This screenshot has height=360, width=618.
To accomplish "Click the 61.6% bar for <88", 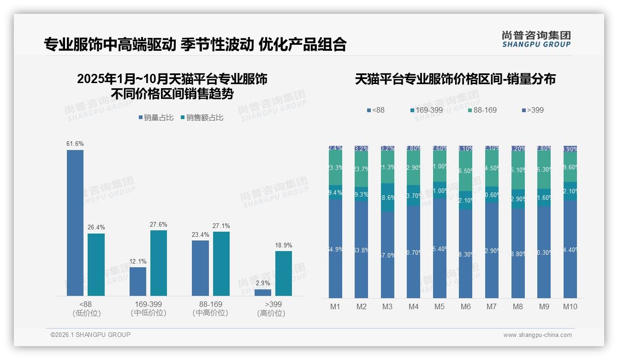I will pyautogui.click(x=75, y=222).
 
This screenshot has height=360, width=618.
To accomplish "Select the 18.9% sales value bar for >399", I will pyautogui.click(x=284, y=273).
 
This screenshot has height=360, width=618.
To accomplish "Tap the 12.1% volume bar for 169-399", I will pyautogui.click(x=138, y=282).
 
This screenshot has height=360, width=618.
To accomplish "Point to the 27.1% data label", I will pyautogui.click(x=221, y=226).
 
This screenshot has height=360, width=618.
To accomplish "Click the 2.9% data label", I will pyautogui.click(x=263, y=283).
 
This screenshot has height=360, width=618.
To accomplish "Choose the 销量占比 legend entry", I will pyautogui.click(x=156, y=118).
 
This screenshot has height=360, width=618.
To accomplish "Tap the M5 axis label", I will pyautogui.click(x=440, y=306).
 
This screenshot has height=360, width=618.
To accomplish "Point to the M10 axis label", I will pyautogui.click(x=570, y=306).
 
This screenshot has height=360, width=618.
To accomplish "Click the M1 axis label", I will pyautogui.click(x=335, y=306).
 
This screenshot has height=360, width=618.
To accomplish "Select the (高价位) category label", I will pyautogui.click(x=271, y=313).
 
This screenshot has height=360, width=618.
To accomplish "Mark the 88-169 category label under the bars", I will pyautogui.click(x=210, y=304).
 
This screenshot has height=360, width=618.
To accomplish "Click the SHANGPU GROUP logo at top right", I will pyautogui.click(x=536, y=39).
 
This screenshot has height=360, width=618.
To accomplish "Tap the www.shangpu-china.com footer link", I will pyautogui.click(x=537, y=335).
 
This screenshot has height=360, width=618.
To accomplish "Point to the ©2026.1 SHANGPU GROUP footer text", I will pyautogui.click(x=90, y=335).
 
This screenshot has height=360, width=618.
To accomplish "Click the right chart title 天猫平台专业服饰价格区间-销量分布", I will pyautogui.click(x=455, y=79).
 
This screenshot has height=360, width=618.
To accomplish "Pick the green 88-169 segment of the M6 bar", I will pyautogui.click(x=466, y=171).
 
